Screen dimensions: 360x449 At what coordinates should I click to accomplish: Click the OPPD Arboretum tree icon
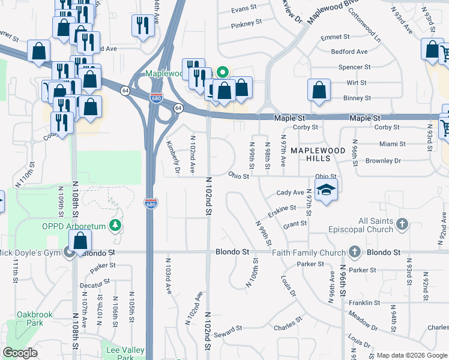(113, 226)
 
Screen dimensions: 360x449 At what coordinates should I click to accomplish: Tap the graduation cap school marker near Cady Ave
(326, 190)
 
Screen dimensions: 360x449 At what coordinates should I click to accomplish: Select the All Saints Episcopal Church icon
(402, 225)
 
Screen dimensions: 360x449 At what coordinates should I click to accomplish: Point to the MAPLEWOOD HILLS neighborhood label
(318, 154)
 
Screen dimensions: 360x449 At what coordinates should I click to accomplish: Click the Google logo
(20, 353)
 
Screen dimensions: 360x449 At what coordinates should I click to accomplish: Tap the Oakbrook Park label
(35, 319)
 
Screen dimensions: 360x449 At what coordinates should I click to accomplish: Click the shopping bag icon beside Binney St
(319, 91)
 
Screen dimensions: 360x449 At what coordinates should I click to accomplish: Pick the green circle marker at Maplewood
(222, 73)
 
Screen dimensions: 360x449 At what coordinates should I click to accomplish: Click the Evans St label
(244, 9)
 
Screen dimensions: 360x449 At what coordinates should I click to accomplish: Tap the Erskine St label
(283, 208)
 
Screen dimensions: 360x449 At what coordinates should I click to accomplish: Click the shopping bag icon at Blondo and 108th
(80, 241)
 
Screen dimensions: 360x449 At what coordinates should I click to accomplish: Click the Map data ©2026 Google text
(411, 355)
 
